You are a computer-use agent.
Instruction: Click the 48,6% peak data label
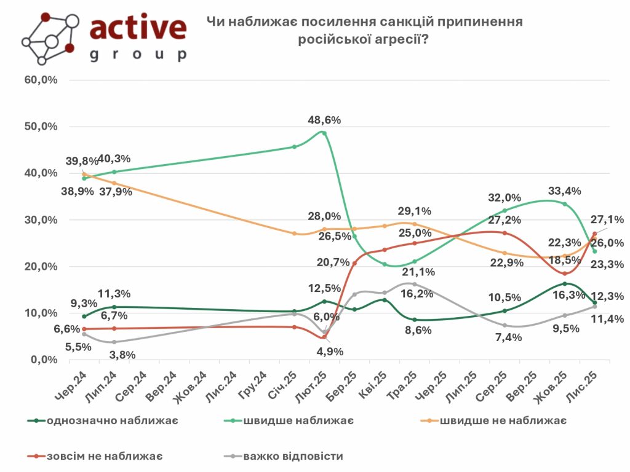coord(324,120)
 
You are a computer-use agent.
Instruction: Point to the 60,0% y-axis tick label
coord(41,80)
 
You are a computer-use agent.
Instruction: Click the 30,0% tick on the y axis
coord(41,220)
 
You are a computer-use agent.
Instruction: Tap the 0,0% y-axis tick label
coord(44,360)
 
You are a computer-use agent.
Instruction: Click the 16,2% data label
coord(417,294)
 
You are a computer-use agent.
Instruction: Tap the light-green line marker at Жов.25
coord(565,204)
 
